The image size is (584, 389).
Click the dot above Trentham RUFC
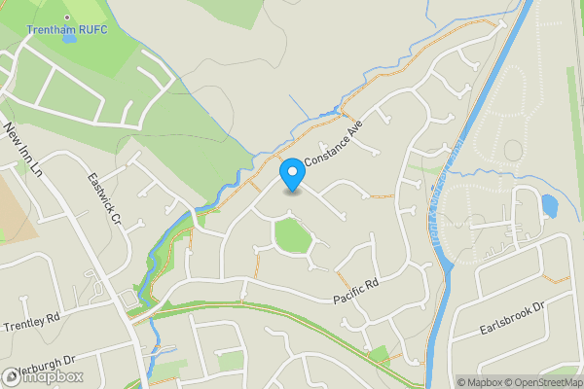coord(67,18)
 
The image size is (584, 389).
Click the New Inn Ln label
coord(25,150)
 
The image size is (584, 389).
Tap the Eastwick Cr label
coord(103,199)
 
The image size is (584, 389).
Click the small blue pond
coord(548,206)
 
